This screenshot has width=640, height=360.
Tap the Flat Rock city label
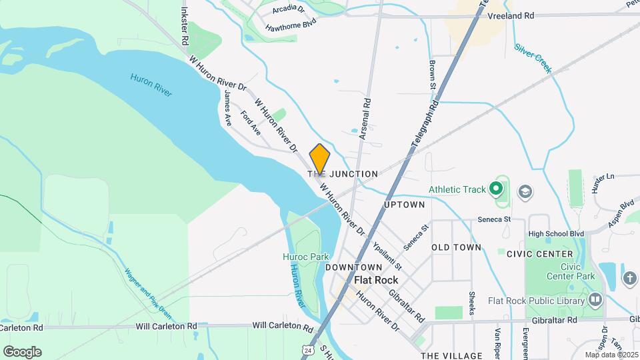click(375, 280)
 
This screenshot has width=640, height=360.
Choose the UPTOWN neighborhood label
click(405, 205)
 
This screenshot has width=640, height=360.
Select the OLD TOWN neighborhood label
click(456, 247)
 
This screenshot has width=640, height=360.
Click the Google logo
click(22, 351)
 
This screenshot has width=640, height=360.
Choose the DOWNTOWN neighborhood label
click(353, 267)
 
